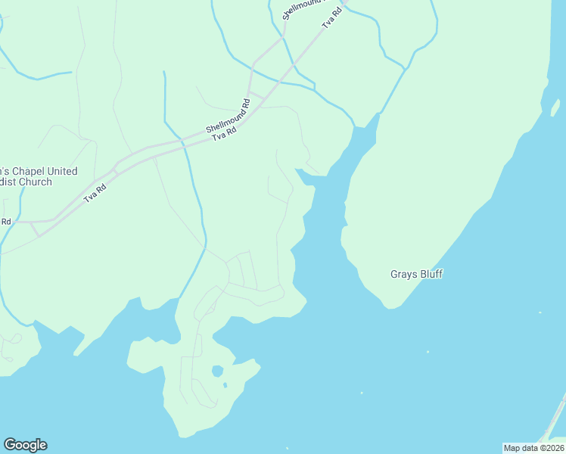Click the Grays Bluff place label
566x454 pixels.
[x=416, y=274]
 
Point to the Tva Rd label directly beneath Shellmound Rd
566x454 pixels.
[x=225, y=133]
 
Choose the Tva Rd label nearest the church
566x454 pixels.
[x=95, y=193]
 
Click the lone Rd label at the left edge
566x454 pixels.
[x=5, y=222]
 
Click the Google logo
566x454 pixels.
[x=25, y=445]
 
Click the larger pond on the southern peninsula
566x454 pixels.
[x=217, y=372]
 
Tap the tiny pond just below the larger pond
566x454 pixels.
[x=225, y=385]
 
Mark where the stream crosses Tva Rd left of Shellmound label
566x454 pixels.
[x=184, y=148]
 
